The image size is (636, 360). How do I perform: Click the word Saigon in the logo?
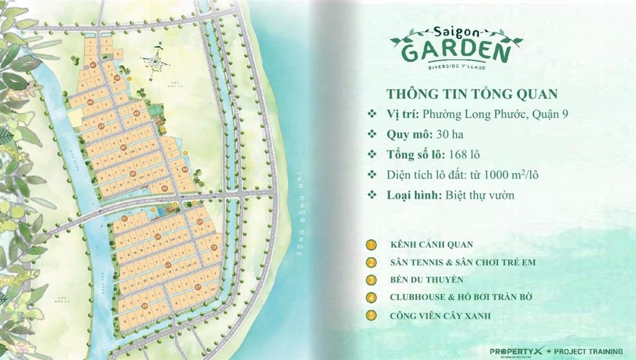pyautogui.click(x=457, y=31)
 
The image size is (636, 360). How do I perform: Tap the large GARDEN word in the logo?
pyautogui.click(x=457, y=51)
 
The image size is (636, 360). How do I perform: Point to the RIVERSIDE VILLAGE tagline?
pyautogui.click(x=457, y=66)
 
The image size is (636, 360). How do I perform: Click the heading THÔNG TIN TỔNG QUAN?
pyautogui.click(x=472, y=94)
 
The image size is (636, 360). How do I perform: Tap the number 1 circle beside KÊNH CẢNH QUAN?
pyautogui.click(x=371, y=245)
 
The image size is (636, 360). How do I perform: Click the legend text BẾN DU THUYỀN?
pyautogui.click(x=427, y=280)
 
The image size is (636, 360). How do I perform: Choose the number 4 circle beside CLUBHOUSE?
pyautogui.click(x=371, y=297)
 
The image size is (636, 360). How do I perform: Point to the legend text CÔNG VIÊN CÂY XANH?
pyautogui.click(x=440, y=315)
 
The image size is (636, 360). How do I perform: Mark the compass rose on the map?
pyautogui.click(x=155, y=60)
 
